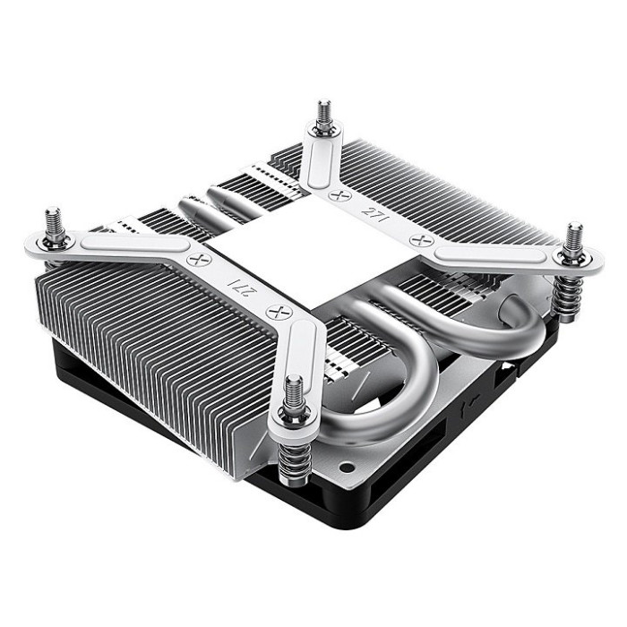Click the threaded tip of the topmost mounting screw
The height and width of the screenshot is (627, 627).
322,111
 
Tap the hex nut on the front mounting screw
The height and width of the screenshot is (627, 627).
294,413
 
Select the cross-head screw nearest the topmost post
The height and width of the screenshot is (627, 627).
337,193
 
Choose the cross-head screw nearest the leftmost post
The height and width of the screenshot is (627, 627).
196,257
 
